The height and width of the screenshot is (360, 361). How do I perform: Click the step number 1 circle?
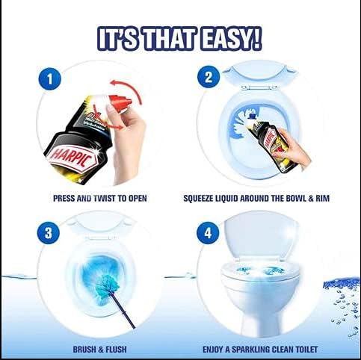click(50, 79)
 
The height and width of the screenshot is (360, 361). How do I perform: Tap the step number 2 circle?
click(209, 77)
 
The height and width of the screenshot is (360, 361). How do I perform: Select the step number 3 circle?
click(49, 233)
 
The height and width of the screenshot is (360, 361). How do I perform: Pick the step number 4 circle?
click(209, 233)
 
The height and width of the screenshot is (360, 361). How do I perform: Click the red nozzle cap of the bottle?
click(121, 103)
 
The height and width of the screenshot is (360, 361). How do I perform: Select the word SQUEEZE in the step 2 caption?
click(198, 199)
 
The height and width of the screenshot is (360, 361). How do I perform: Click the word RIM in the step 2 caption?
click(323, 199)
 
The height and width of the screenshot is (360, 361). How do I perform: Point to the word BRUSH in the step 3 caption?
click(85, 350)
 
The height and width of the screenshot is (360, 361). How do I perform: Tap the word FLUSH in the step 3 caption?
click(116, 350)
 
